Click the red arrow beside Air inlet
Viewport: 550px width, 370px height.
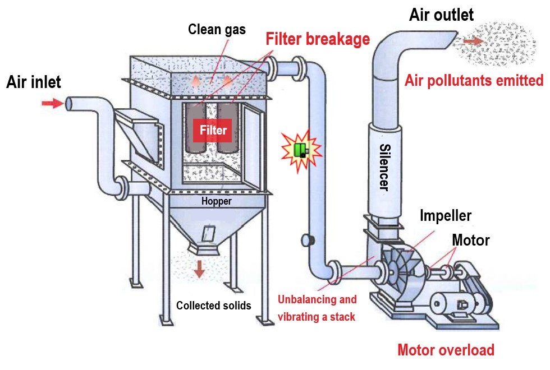(x=52, y=103)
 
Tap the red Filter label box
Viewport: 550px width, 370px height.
(x=212, y=131)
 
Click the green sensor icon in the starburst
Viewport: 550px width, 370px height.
(x=301, y=150)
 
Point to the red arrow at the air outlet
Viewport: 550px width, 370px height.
(x=473, y=41)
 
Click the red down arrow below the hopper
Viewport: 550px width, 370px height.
(x=199, y=269)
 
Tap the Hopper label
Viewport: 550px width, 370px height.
(x=216, y=201)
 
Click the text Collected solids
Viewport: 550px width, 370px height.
(x=213, y=306)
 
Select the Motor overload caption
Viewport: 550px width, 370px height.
(x=446, y=350)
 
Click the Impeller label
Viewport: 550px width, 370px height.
(x=446, y=216)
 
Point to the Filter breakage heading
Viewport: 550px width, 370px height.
(x=318, y=39)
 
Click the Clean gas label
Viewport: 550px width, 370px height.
(x=217, y=29)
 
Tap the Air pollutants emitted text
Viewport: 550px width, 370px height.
(x=474, y=81)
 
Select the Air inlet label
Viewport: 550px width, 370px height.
(x=34, y=82)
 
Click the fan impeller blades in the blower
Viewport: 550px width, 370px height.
(x=401, y=268)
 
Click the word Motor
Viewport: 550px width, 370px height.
(x=471, y=240)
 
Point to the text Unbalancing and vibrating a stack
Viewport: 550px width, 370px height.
(x=317, y=308)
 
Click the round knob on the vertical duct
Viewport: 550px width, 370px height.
(x=306, y=240)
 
